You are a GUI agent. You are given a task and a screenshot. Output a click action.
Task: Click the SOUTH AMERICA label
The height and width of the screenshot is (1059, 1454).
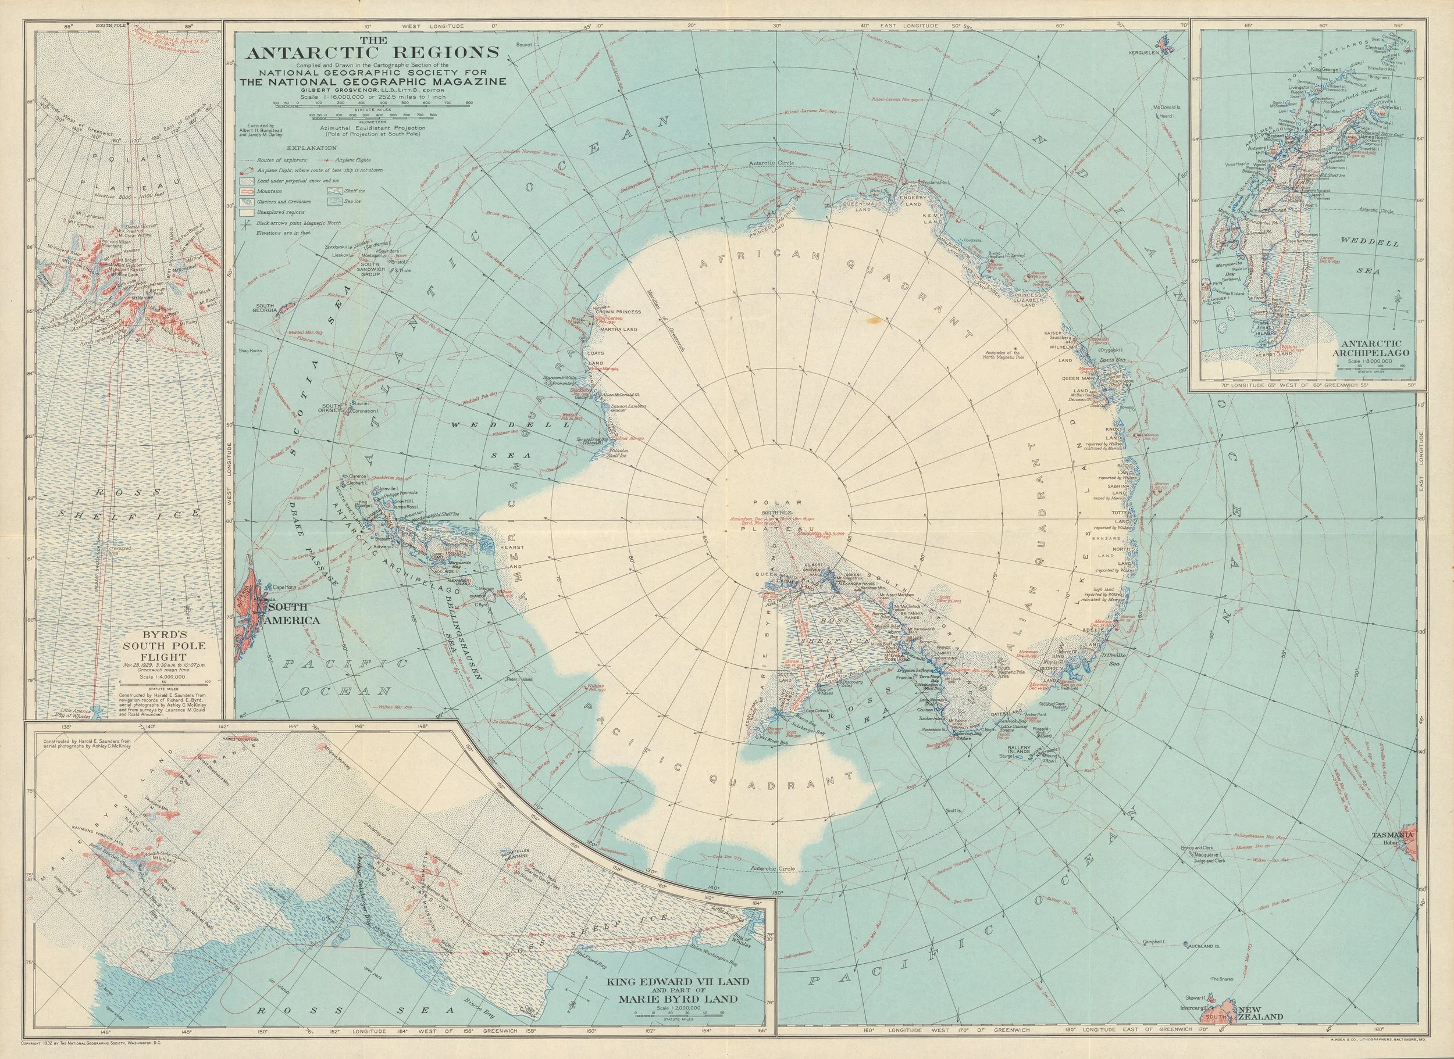pos(294,615)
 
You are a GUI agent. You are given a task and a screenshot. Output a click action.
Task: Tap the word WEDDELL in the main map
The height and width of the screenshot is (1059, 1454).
pos(490,425)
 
